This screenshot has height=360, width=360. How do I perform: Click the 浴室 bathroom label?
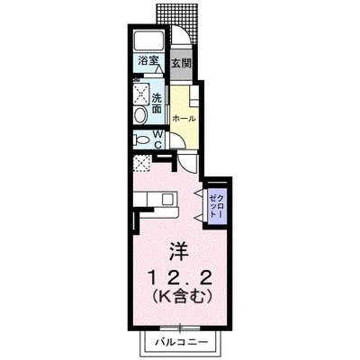coord(147,62)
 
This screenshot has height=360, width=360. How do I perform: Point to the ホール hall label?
coord(184,118)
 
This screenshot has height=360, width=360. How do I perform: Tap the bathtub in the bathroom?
coord(148,40)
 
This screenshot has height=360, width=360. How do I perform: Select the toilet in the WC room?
coord(141,140)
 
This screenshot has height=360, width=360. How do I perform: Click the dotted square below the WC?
coord(142,163)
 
